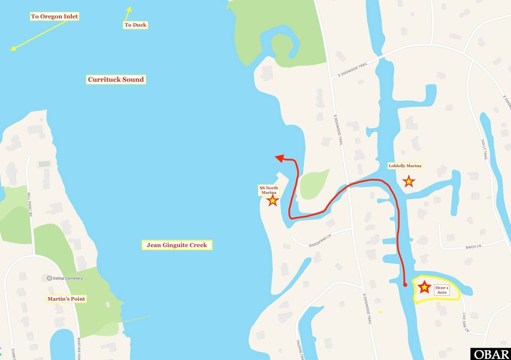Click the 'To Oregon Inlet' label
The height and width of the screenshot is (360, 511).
(x=54, y=16)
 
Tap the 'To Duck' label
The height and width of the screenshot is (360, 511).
(x=135, y=25)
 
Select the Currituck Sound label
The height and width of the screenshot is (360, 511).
(x=116, y=79)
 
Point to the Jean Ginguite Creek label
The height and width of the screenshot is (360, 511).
(x=177, y=245)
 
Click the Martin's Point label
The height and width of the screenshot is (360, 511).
(x=66, y=299)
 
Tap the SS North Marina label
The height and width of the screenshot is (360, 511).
(x=268, y=189)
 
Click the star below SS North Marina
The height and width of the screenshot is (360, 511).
(x=272, y=201)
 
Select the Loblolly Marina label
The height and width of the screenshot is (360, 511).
(x=405, y=166)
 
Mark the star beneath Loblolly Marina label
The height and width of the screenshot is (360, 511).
(x=409, y=181)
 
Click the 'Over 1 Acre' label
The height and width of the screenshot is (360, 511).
(x=442, y=290)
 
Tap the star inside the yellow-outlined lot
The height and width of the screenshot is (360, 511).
(x=424, y=287)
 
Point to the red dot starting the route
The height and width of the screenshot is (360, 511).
(x=405, y=285)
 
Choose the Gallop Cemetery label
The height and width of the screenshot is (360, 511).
(x=65, y=278)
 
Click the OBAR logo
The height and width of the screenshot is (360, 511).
(x=491, y=354)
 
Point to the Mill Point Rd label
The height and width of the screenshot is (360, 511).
(x=30, y=205)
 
